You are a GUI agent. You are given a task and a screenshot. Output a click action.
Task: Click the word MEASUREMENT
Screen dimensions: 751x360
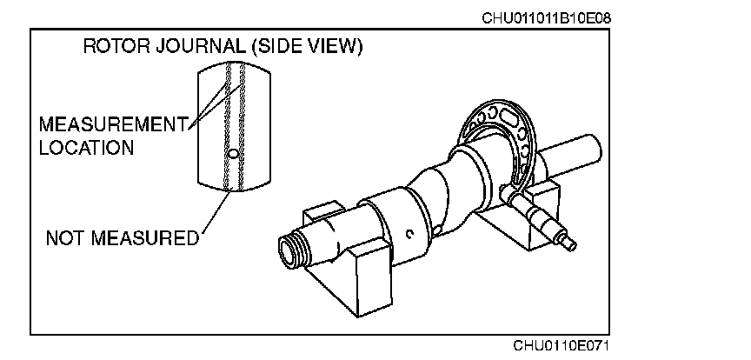coord(114,125)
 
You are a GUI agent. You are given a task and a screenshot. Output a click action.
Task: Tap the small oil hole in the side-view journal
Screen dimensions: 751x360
coord(231,154)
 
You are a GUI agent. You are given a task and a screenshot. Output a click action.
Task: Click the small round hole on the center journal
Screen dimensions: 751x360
coord(409,232)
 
